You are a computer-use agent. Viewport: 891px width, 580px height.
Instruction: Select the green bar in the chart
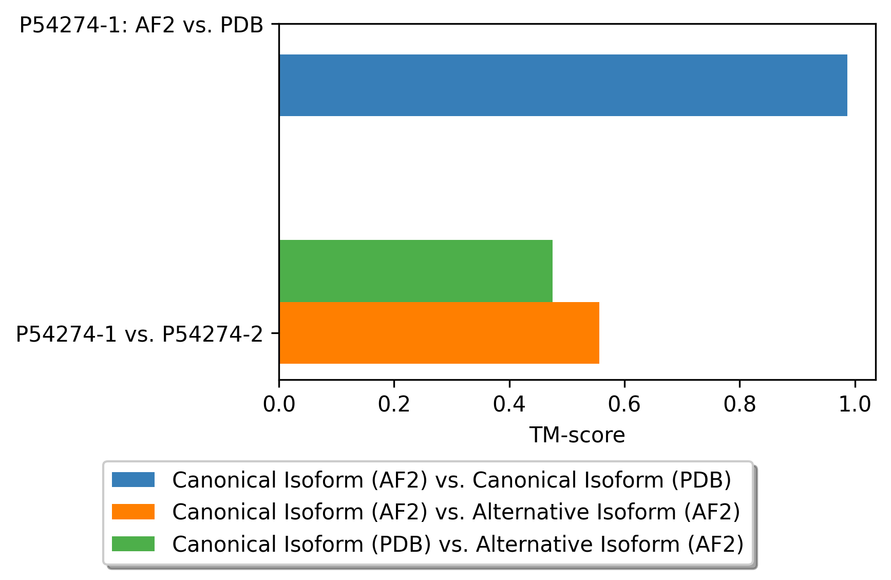coord(415,271)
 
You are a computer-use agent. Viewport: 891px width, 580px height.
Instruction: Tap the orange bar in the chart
coord(439,333)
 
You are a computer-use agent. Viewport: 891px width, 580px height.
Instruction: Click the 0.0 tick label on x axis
coord(279,404)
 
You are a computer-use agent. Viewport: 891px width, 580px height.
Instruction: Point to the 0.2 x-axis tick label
coord(394,404)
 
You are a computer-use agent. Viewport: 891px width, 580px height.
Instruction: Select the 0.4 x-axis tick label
coord(509,404)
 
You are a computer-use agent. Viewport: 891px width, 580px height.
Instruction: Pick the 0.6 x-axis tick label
coord(624,404)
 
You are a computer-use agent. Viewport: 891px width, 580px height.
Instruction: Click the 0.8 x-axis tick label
coord(740,404)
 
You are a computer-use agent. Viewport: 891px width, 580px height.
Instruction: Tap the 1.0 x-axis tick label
coord(855,404)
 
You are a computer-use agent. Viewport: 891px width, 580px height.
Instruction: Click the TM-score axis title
coord(577,435)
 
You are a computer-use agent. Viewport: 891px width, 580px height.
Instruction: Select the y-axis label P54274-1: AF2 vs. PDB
coord(141,25)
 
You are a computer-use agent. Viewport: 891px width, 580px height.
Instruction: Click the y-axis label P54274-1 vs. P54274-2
coord(139,334)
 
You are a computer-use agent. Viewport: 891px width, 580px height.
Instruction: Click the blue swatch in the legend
coord(133,480)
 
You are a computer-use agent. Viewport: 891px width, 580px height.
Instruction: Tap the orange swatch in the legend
coord(133,512)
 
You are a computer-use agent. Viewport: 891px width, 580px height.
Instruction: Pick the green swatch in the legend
coord(133,544)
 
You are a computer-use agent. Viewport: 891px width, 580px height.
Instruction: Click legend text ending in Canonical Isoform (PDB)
coord(451,480)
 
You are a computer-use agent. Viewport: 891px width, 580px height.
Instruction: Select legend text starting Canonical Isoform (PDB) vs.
coord(458,544)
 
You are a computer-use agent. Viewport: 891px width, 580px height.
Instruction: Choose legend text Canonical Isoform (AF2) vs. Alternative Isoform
coord(456,512)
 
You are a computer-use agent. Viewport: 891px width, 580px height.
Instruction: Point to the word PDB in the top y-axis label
coord(241,25)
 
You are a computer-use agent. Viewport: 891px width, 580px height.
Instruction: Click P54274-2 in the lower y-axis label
coord(213,334)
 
